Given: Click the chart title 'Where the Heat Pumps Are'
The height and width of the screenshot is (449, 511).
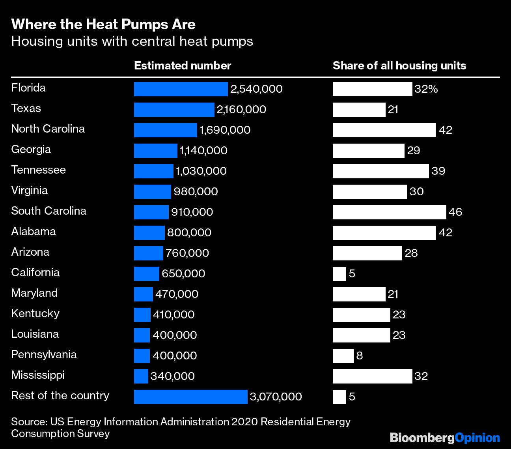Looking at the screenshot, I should (103, 24).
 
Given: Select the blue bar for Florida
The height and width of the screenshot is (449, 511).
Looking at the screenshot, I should (181, 89).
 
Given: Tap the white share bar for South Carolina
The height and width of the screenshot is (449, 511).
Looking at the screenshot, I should (389, 212).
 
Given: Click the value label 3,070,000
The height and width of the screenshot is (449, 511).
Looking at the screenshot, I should (276, 397).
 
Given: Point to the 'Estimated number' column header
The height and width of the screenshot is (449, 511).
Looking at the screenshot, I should (183, 65).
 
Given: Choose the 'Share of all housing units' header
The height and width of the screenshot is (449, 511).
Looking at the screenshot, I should (399, 65).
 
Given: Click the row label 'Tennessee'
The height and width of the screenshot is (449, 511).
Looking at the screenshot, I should (38, 170).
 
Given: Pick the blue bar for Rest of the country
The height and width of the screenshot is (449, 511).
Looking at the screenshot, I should (190, 397).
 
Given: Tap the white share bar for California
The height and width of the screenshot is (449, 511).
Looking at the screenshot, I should (339, 274).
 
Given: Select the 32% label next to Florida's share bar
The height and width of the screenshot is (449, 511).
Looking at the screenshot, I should (426, 89).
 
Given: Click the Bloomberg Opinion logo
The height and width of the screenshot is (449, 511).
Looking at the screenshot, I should (444, 438).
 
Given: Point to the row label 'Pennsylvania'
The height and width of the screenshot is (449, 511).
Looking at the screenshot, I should (44, 355).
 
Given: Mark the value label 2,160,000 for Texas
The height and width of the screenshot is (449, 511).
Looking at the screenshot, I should (241, 110).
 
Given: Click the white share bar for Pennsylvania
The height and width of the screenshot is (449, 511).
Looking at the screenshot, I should (343, 356).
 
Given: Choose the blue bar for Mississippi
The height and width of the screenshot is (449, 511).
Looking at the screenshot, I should (141, 376).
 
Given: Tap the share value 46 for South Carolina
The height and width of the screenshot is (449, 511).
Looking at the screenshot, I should (455, 212).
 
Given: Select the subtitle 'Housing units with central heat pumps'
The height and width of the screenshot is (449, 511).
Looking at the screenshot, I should (132, 41).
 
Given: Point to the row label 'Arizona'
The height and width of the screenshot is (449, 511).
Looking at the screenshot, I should (30, 252).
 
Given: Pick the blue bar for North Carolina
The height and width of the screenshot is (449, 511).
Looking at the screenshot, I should (165, 130).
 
